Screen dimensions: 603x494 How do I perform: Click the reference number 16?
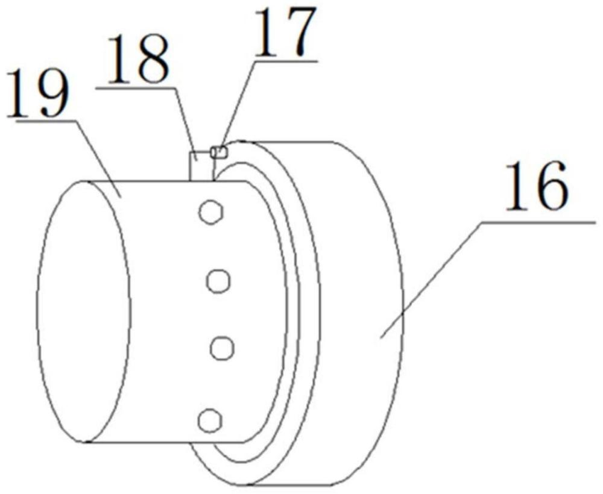point(537,186)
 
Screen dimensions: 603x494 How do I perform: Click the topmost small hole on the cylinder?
point(211,212)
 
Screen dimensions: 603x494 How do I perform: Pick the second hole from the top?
point(218,281)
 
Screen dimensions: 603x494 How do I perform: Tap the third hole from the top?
point(223,348)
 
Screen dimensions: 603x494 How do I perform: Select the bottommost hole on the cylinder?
point(210,421)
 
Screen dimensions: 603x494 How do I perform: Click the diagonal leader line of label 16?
point(431,280)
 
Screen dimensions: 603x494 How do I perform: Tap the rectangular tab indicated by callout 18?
point(201,166)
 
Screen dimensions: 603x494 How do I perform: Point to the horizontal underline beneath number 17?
point(285,61)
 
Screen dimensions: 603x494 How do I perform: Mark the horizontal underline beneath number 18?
point(136,88)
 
